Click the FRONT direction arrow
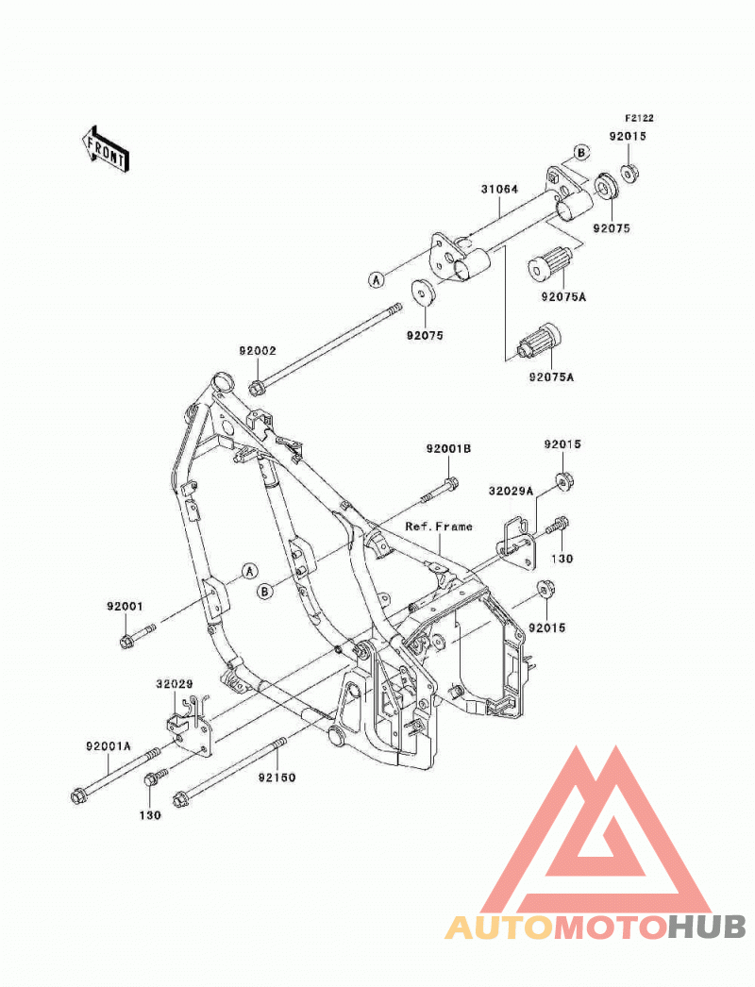pyautogui.click(x=107, y=149)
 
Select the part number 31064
pyautogui.click(x=499, y=189)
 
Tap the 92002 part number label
pyautogui.click(x=257, y=351)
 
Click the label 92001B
pyautogui.click(x=448, y=449)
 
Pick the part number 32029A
pyautogui.click(x=511, y=491)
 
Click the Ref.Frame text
pyautogui.click(x=439, y=527)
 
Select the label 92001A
pyautogui.click(x=109, y=746)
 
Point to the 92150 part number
pyautogui.click(x=277, y=778)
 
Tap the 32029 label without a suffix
pyautogui.click(x=175, y=683)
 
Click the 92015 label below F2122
pyautogui.click(x=628, y=136)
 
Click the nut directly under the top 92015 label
pyautogui.click(x=629, y=173)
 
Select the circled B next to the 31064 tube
pyautogui.click(x=581, y=152)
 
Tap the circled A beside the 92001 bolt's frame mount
pyautogui.click(x=249, y=571)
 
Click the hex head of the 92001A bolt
pyautogui.click(x=78, y=795)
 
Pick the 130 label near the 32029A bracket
pyautogui.click(x=562, y=559)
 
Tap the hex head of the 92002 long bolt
pyautogui.click(x=256, y=388)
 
